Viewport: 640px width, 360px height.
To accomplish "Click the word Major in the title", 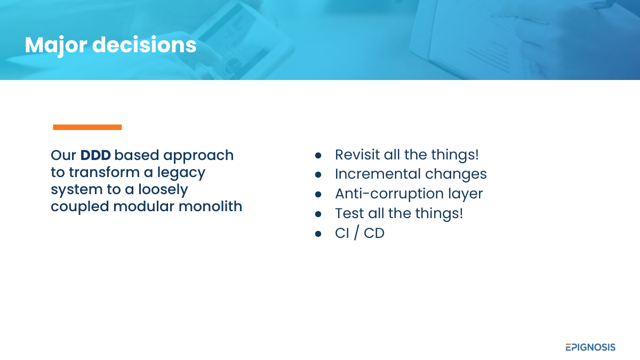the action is pyautogui.click(x=56, y=45).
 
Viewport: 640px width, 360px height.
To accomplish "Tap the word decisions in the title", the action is pyautogui.click(x=145, y=45).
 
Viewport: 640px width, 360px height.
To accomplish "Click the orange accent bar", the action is pyautogui.click(x=87, y=127).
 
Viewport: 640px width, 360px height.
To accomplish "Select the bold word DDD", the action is pyautogui.click(x=95, y=155).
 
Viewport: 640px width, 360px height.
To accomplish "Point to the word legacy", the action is pyautogui.click(x=181, y=173).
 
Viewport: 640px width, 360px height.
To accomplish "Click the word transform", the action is pyautogui.click(x=104, y=172).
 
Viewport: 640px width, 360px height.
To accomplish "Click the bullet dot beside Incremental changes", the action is pyautogui.click(x=318, y=174).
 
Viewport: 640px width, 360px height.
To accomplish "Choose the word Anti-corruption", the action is pyautogui.click(x=389, y=194).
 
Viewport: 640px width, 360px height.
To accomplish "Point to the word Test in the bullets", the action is pyautogui.click(x=349, y=213).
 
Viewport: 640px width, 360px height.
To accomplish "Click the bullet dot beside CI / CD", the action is pyautogui.click(x=318, y=234).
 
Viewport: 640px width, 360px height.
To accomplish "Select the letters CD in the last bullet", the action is pyautogui.click(x=374, y=233).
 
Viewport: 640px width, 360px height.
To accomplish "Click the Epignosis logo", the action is pyautogui.click(x=590, y=347).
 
